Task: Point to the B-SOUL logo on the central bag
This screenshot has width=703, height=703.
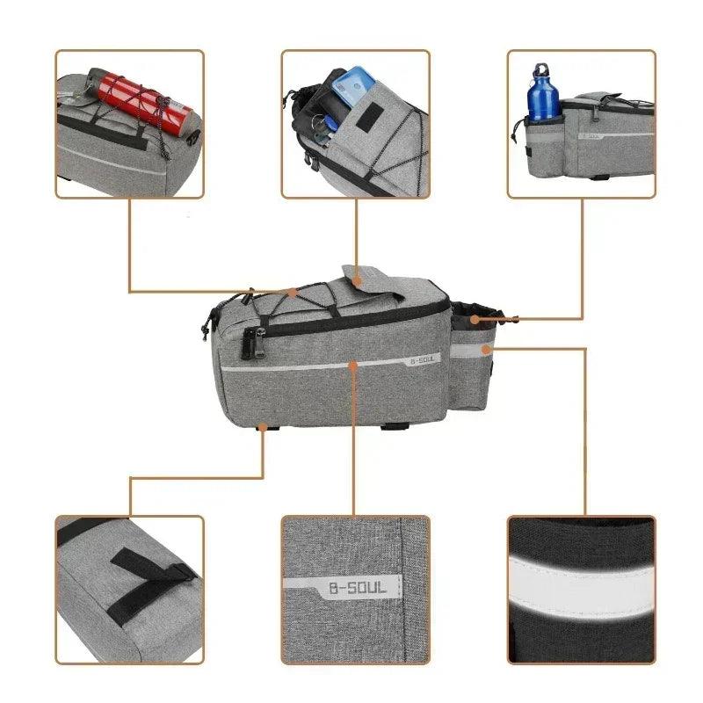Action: (423, 357)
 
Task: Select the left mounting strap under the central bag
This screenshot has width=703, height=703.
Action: (265, 427)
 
